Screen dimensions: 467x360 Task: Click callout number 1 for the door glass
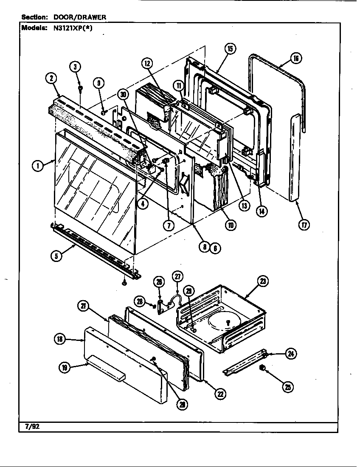coord(39,166)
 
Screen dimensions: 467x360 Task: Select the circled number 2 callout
coord(51,78)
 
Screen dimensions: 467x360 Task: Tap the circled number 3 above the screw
coord(75,67)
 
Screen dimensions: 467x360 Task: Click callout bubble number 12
coord(147,64)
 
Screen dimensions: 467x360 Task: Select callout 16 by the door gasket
coord(296,59)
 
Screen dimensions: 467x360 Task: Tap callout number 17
coord(304,225)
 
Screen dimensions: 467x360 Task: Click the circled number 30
coord(124,96)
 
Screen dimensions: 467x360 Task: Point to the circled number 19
coord(64,368)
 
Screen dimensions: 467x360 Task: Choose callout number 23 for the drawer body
coord(263,281)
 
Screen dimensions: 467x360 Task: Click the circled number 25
coord(289,387)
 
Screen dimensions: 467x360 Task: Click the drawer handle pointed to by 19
coord(106,369)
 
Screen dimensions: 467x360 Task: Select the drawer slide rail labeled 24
coord(244,363)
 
